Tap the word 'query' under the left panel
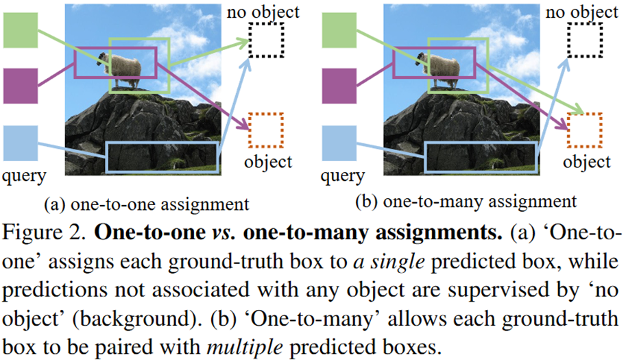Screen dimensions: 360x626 point(24,176)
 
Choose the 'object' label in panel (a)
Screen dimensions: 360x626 point(268,163)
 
